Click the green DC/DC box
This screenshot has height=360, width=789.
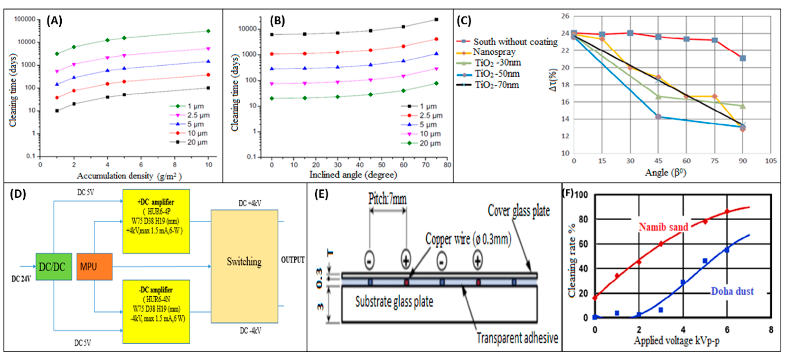[x=54, y=267]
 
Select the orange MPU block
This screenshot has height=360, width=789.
[x=94, y=267]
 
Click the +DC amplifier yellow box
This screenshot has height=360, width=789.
[x=156, y=221]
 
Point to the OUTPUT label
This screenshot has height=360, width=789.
[x=293, y=260]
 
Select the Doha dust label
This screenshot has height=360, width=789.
[x=732, y=291]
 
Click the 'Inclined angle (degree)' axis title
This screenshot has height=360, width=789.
[x=353, y=175]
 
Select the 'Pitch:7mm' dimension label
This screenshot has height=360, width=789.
[x=387, y=199]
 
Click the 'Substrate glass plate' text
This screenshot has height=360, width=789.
[x=394, y=302]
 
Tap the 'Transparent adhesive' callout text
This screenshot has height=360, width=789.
[x=517, y=338]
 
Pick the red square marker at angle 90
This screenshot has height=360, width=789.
[x=742, y=58]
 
